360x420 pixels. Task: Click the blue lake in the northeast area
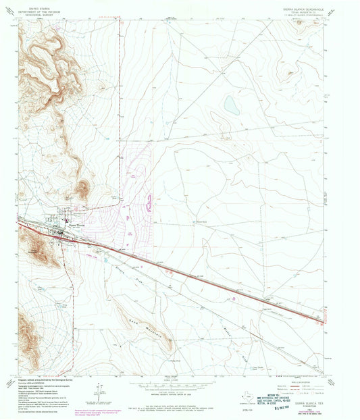230,104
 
